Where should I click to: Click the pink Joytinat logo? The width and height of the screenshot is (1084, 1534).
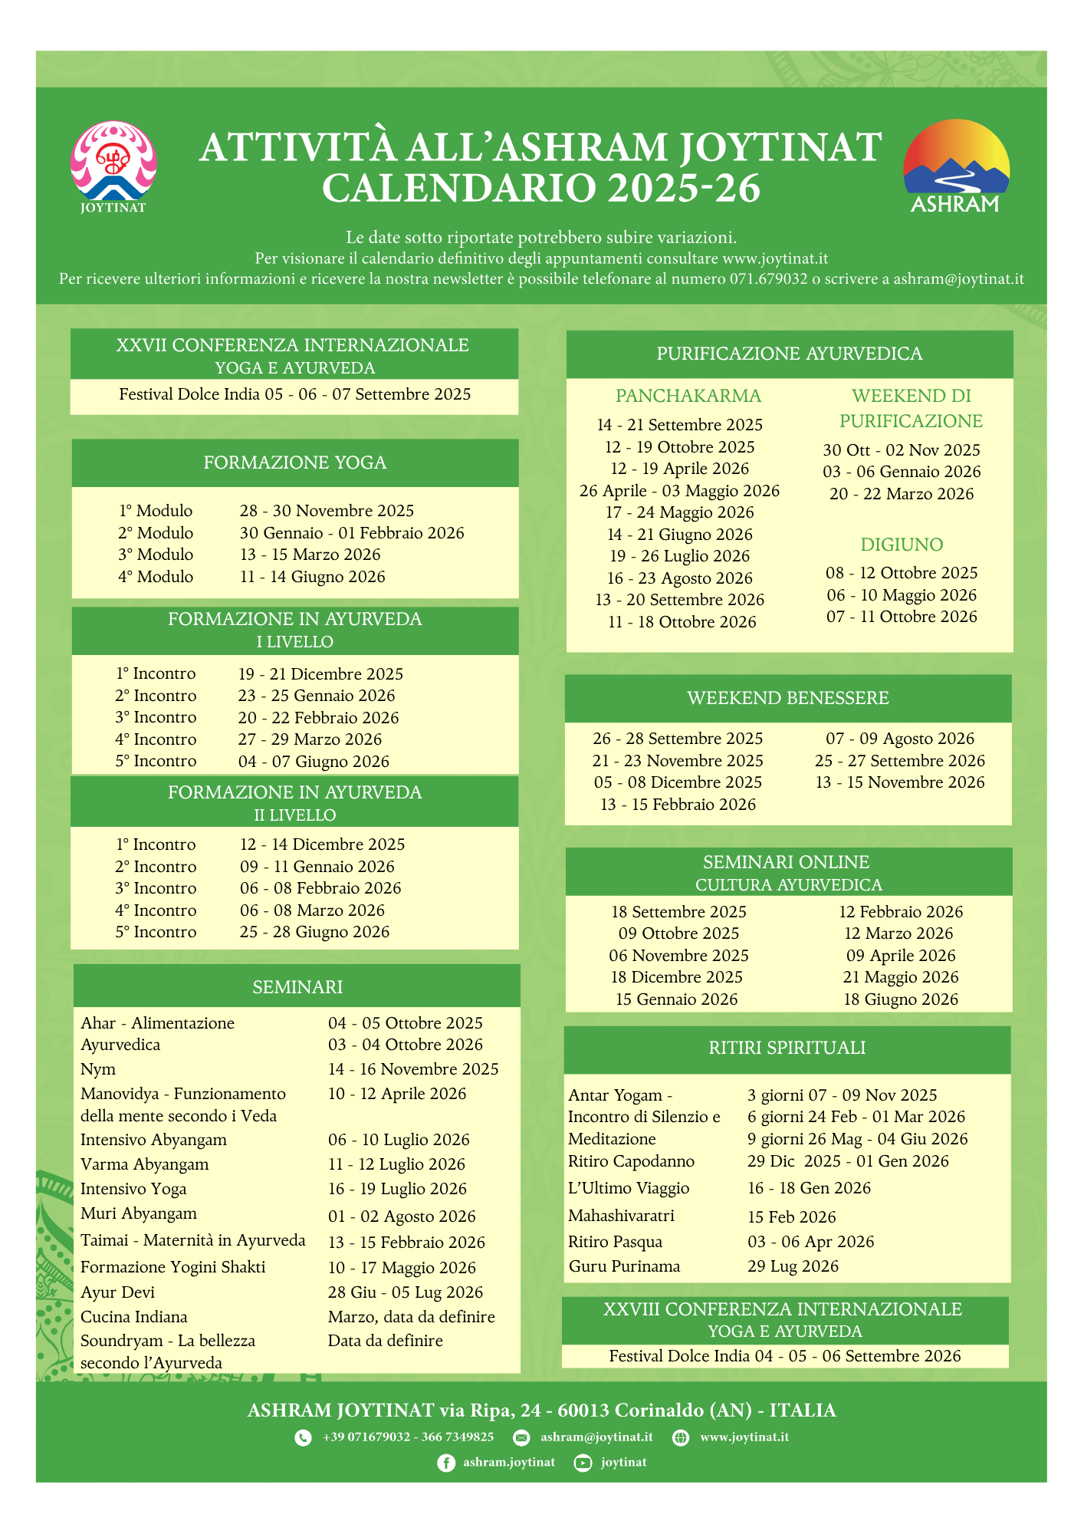(x=113, y=163)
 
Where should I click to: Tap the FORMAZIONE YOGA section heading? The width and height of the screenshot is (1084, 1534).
(x=295, y=463)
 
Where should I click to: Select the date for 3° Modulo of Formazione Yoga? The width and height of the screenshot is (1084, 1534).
(x=310, y=555)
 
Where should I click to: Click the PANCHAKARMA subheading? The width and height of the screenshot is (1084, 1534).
(x=688, y=396)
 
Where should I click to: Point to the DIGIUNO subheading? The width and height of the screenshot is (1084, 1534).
(x=902, y=545)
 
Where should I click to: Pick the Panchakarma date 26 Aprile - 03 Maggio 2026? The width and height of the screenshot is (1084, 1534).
(x=679, y=491)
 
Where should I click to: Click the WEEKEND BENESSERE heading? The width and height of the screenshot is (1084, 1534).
(x=788, y=698)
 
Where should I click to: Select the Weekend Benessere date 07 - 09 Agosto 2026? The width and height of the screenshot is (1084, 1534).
(x=899, y=739)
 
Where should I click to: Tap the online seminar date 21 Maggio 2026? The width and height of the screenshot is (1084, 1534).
(x=900, y=977)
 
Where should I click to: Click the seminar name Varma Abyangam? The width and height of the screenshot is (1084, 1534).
(x=144, y=1164)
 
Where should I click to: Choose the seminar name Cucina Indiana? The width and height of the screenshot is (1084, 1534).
(x=134, y=1317)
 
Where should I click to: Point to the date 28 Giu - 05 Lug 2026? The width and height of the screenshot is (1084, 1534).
(x=406, y=1292)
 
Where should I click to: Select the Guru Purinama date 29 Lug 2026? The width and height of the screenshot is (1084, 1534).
(x=793, y=1266)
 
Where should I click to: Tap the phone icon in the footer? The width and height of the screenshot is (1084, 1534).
(x=304, y=1437)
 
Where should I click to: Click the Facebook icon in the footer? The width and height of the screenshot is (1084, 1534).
(x=445, y=1463)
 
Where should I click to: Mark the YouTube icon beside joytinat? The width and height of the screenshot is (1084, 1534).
(x=583, y=1463)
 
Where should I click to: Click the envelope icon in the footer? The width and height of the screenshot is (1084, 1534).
(x=521, y=1437)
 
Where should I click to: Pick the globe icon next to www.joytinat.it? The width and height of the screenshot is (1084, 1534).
(x=681, y=1437)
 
